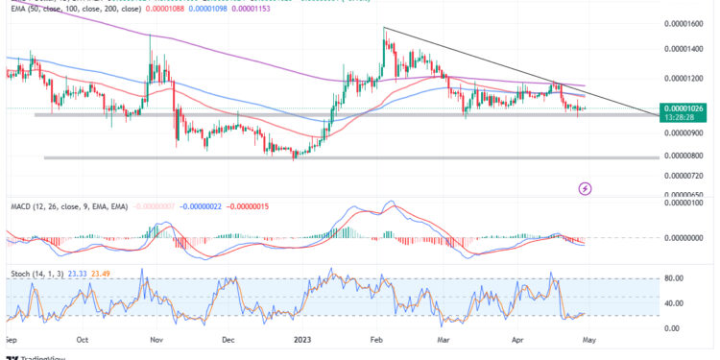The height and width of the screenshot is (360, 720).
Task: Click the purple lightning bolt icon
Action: (x=586, y=188)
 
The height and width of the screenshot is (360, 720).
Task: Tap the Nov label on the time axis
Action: (x=155, y=339)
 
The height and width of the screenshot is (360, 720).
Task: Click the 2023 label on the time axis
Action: (x=302, y=339)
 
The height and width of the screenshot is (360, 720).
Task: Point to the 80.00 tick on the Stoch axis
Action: (x=679, y=279)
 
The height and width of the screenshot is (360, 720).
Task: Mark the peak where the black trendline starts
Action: (x=384, y=28)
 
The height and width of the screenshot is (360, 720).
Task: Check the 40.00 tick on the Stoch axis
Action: (x=679, y=304)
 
